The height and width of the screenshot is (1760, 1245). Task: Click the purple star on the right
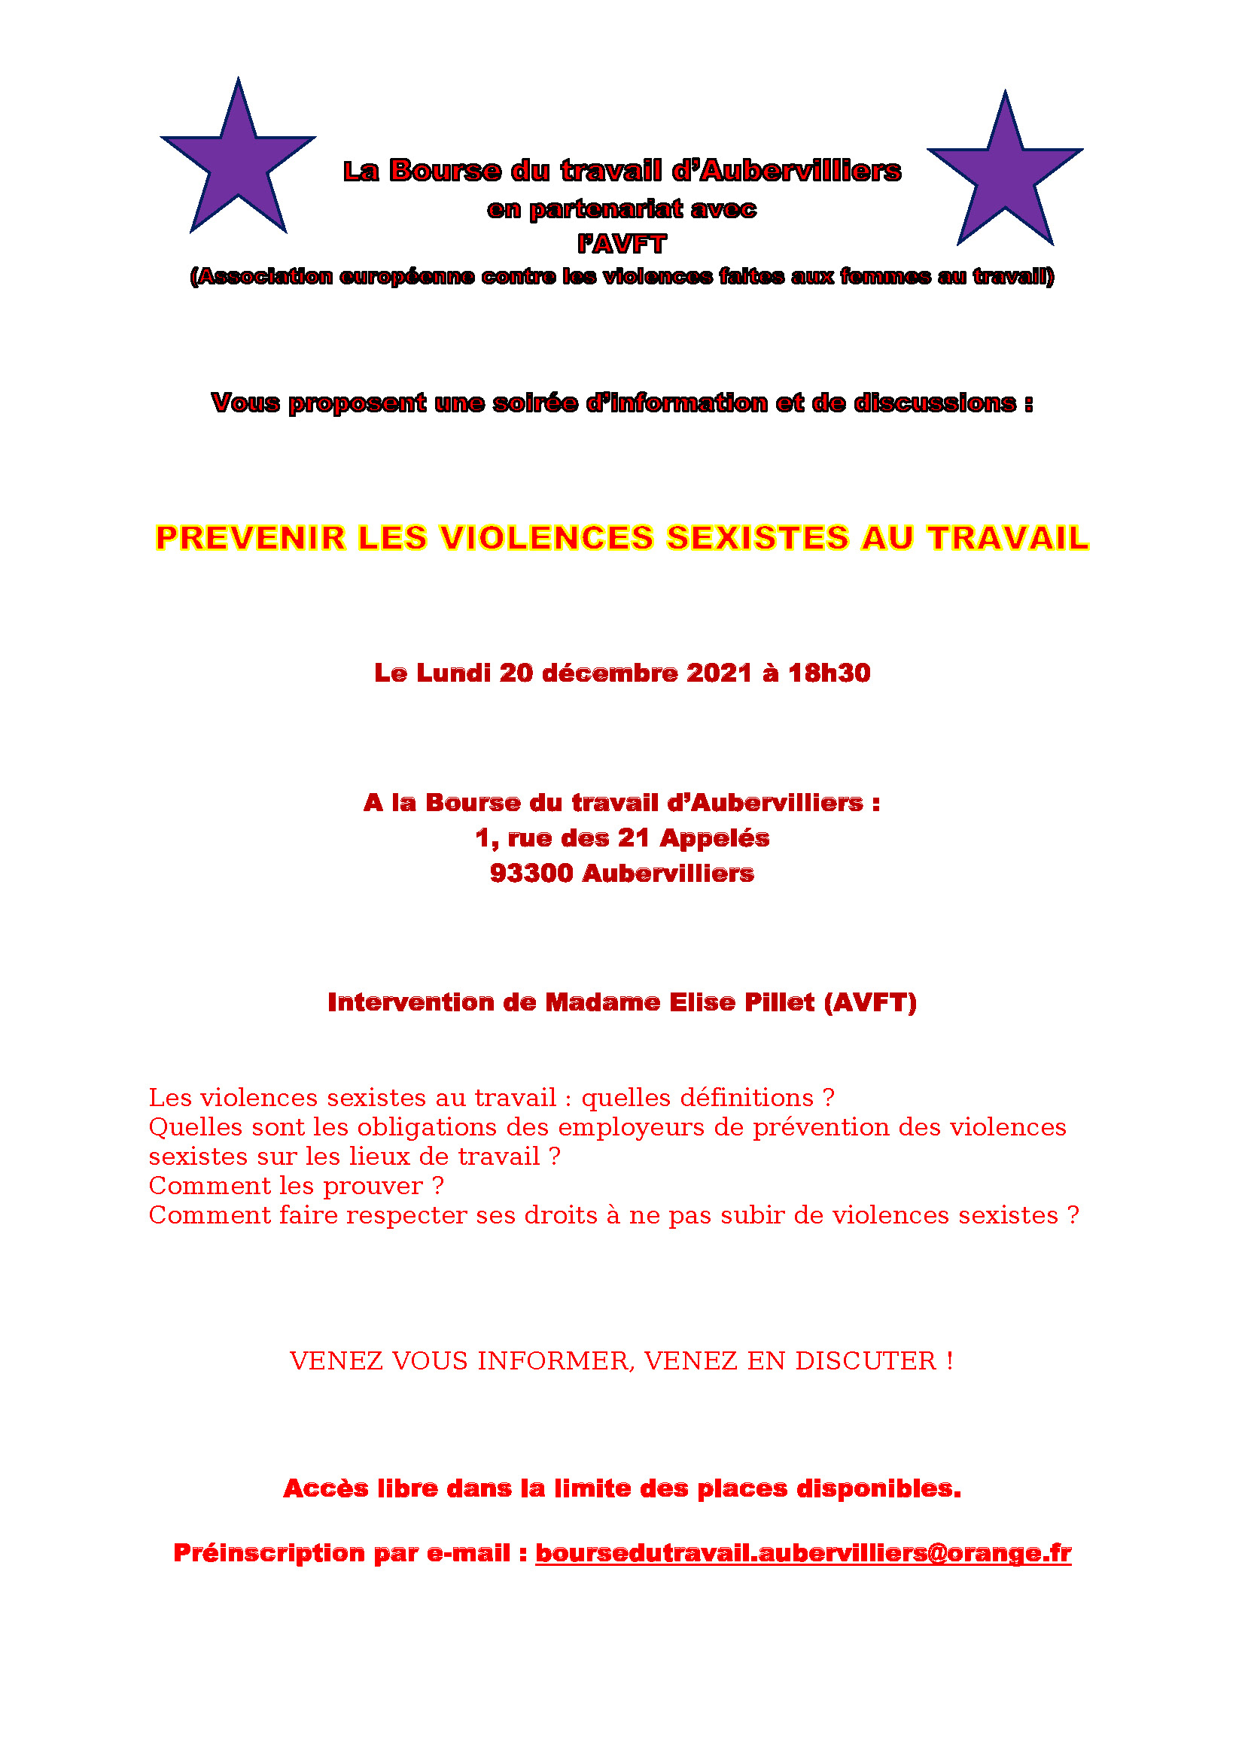[x=1004, y=176]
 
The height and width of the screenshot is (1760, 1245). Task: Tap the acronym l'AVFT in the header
[x=622, y=244]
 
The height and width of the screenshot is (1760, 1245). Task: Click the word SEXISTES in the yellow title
[x=757, y=537]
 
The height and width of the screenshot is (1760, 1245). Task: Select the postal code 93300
[x=531, y=873]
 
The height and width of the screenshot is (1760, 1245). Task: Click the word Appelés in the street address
[x=714, y=837]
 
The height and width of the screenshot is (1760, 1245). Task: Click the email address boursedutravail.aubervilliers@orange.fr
[x=802, y=1552]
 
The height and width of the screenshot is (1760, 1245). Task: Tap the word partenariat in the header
[x=606, y=209]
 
